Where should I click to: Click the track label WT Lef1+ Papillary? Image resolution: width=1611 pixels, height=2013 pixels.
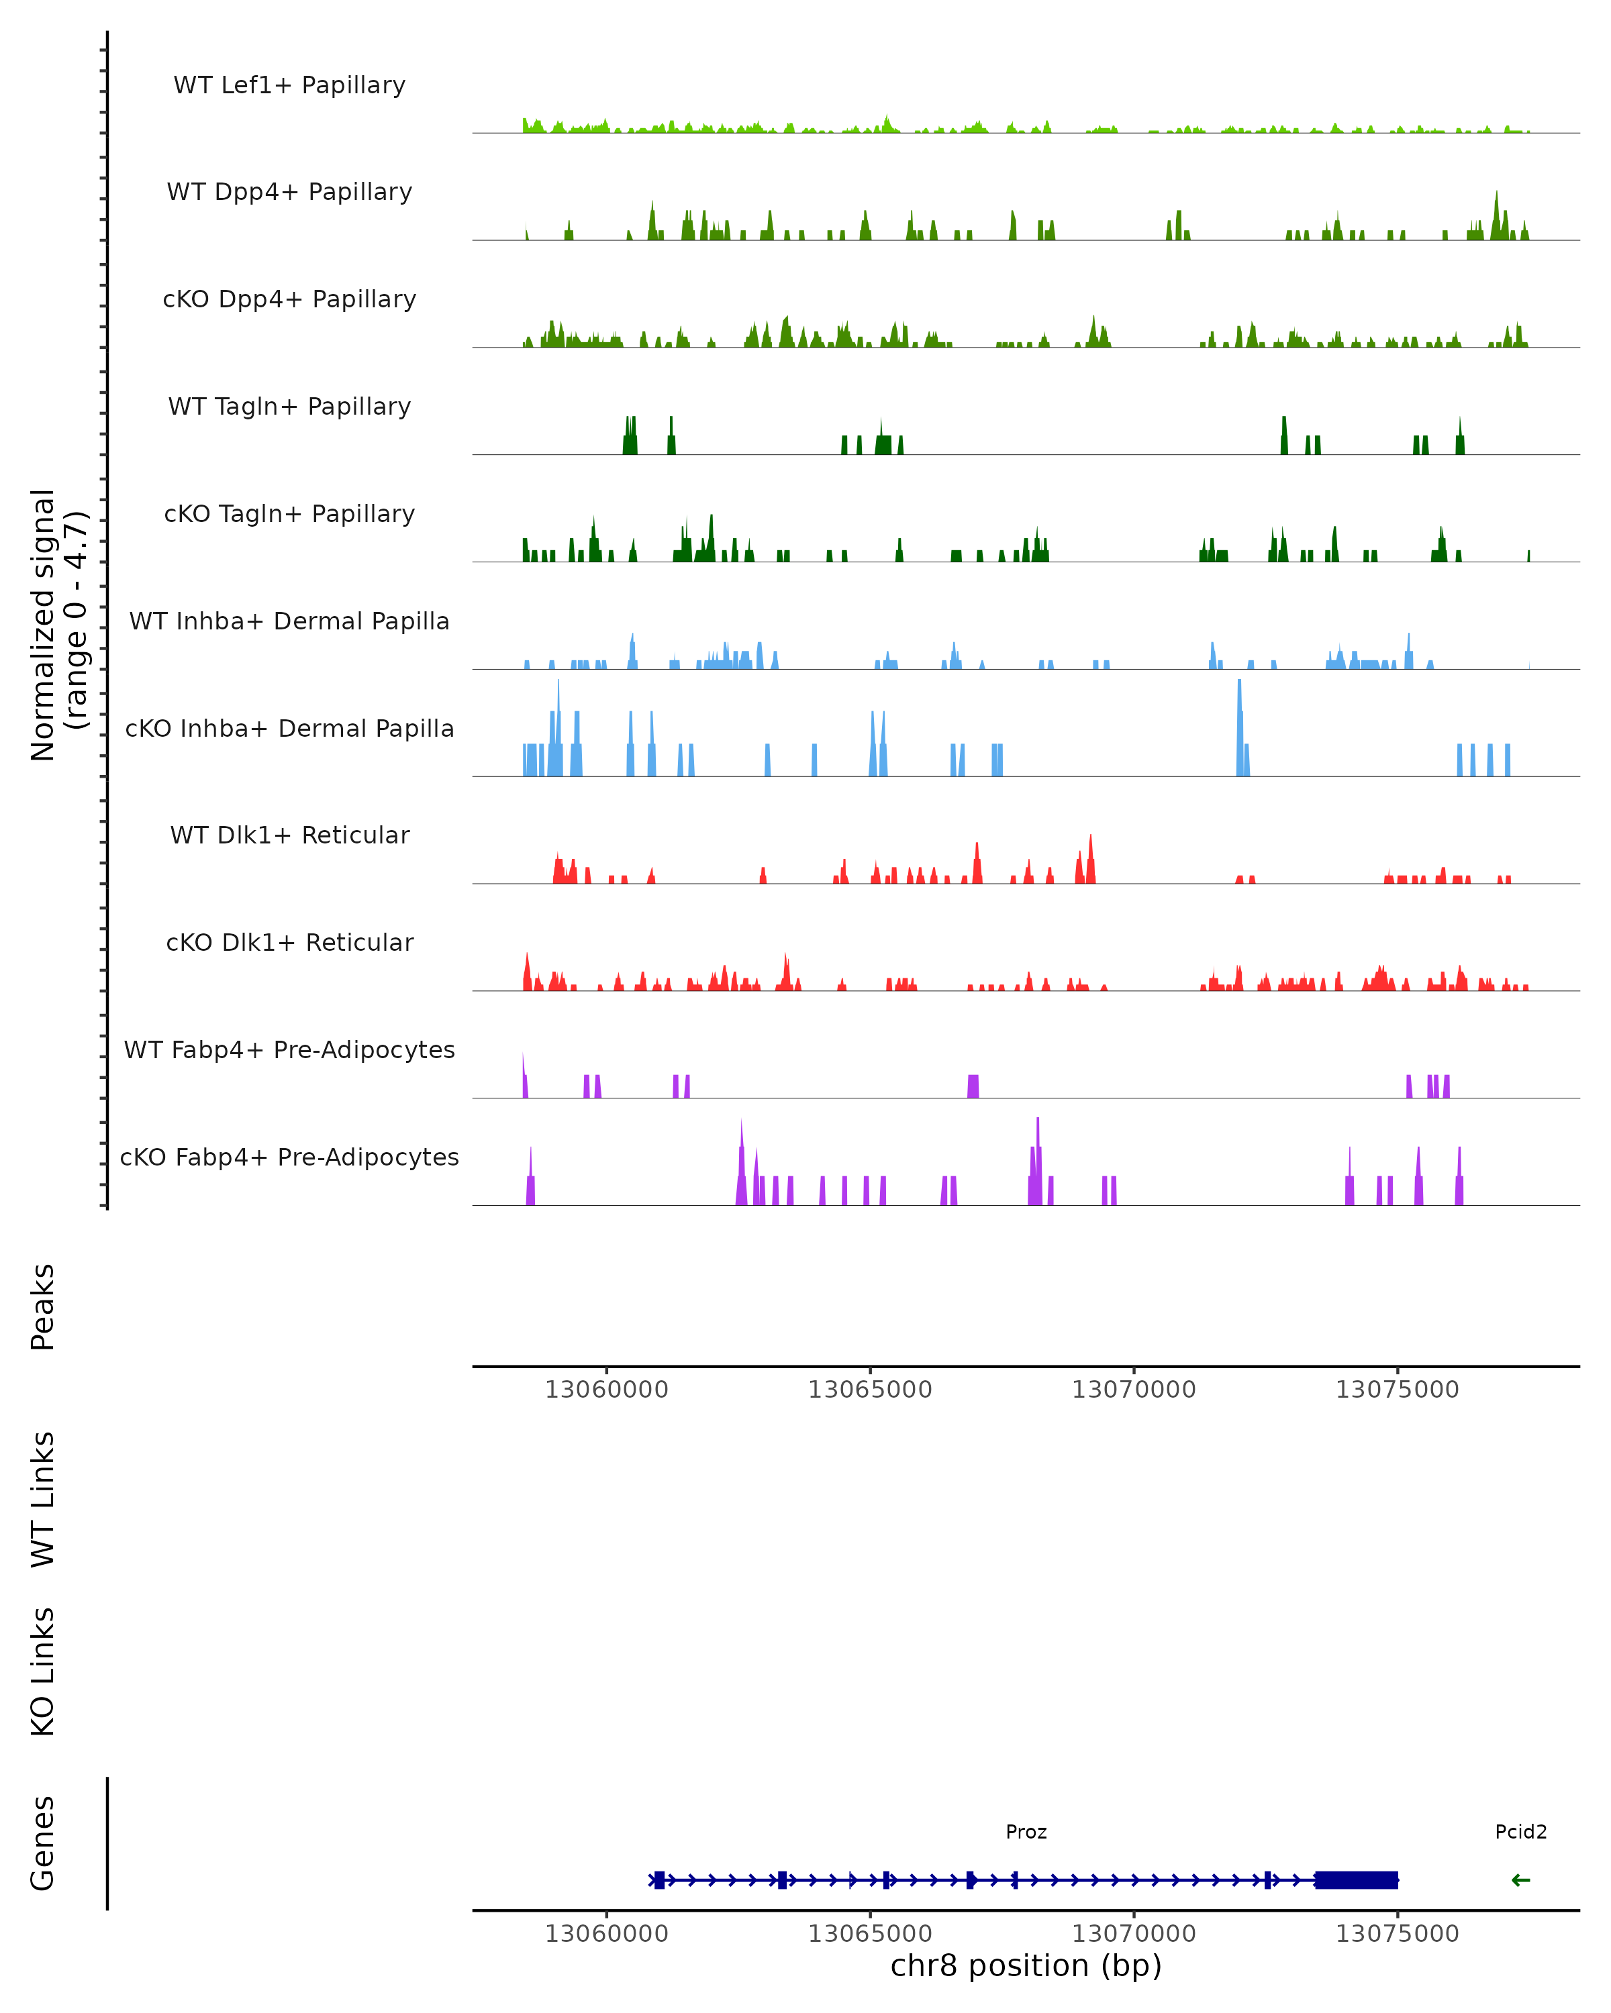pos(289,85)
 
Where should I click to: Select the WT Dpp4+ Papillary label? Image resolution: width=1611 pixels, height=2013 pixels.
pos(289,193)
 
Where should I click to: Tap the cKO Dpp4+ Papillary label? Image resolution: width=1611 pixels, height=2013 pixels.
pos(289,300)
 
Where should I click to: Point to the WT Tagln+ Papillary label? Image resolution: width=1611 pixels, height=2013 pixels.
pos(289,407)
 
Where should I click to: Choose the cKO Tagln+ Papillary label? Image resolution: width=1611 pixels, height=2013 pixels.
pos(289,515)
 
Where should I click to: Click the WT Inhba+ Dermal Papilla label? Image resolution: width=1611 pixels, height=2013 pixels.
pos(289,622)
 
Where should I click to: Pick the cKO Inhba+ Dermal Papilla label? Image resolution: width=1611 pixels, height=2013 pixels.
pos(289,729)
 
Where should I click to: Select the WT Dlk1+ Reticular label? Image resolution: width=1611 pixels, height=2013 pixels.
pos(289,835)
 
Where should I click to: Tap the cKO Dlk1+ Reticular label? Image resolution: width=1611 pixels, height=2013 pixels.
pos(289,943)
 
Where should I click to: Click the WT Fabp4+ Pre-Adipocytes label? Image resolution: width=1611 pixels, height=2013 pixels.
pos(289,1050)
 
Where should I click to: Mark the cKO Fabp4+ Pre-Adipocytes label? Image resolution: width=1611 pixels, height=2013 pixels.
pos(289,1157)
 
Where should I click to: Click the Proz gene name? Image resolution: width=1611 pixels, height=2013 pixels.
pos(1026,1833)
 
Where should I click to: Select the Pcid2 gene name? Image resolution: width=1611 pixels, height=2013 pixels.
pos(1520,1833)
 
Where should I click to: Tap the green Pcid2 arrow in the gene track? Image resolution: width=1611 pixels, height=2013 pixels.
pos(1520,1880)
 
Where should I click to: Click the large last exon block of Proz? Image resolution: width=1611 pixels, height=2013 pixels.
pos(1356,1880)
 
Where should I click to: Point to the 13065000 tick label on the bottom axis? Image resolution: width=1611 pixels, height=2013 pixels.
pos(869,1934)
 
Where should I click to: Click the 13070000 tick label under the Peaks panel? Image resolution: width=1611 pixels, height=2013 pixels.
pos(1134,1390)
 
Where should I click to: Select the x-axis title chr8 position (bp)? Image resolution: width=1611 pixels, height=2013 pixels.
pos(1026,1966)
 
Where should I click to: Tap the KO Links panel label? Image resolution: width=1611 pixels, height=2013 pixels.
pos(43,1672)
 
